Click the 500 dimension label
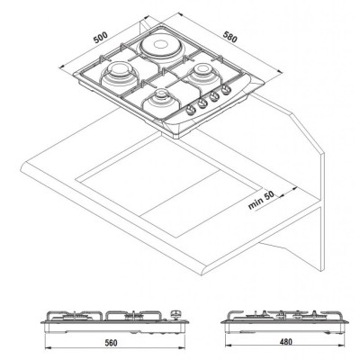point(100,37)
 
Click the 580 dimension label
point(230,37)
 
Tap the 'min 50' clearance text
point(261,200)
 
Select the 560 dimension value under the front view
point(111,343)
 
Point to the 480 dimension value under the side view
point(285,342)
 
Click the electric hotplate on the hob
point(159,47)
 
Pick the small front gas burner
point(161,102)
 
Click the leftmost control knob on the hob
point(191,110)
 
